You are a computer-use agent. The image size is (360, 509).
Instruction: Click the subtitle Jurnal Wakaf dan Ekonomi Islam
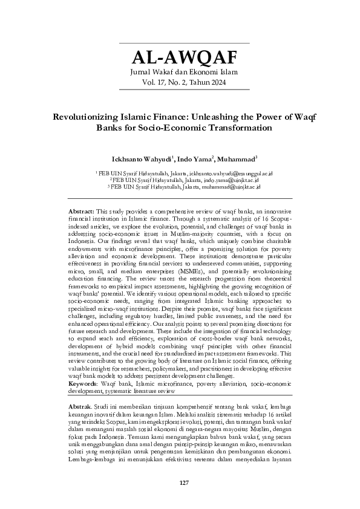pos(184,73)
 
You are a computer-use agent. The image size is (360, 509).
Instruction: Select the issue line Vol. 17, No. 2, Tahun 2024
pos(184,83)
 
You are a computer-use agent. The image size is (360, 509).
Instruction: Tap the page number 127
pos(184,482)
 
